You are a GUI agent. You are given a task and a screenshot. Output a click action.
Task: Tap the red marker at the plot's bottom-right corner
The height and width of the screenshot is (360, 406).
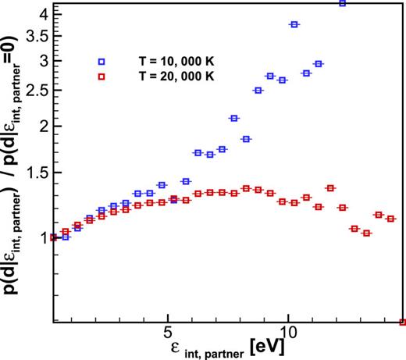402,322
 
